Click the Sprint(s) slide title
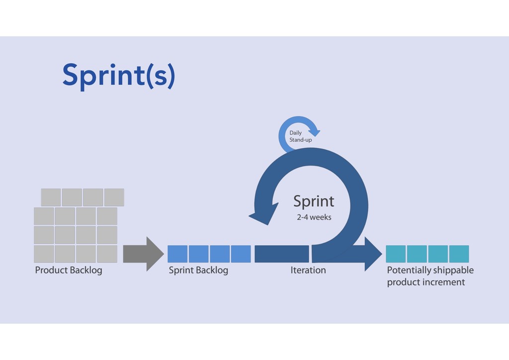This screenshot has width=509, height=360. point(119,76)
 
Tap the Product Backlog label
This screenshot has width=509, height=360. point(69,270)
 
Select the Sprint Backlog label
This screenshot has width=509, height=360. point(198,270)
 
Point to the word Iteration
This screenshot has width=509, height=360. point(308,270)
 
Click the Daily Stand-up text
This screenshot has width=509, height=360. point(300,136)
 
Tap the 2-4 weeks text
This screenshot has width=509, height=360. point(314,217)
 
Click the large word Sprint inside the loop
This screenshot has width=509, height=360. point(314,201)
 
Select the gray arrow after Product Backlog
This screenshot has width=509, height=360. point(144,254)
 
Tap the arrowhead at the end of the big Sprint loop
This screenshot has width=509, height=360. point(263,214)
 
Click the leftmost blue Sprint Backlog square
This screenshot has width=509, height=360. point(177,254)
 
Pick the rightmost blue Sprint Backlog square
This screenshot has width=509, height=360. point(241,254)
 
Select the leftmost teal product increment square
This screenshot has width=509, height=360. point(396,254)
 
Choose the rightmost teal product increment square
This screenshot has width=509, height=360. point(459,254)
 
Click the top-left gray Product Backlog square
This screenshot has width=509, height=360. point(51,197)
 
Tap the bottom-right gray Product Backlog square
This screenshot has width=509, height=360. point(107,254)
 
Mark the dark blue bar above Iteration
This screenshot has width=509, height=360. point(282,254)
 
